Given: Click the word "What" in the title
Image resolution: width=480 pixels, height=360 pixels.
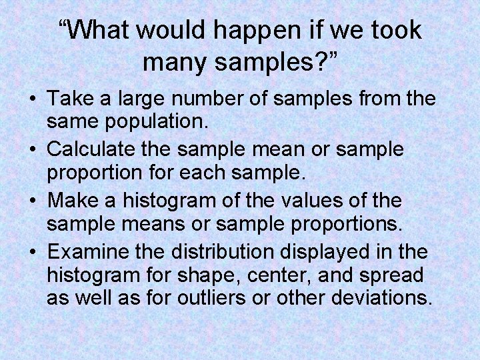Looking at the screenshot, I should (101, 29).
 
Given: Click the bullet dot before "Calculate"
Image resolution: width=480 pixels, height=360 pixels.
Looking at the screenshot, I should (33, 149).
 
